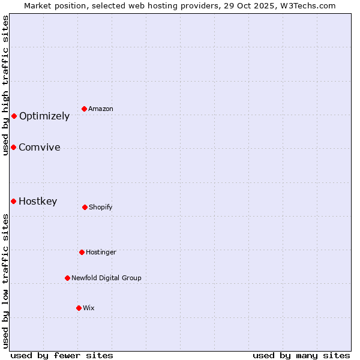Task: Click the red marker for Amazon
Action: [85, 109]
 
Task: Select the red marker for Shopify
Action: [85, 207]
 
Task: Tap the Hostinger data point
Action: [82, 252]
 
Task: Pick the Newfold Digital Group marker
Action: [67, 278]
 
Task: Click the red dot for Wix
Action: [79, 308]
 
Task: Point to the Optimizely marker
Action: [14, 116]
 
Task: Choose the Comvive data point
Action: [13, 147]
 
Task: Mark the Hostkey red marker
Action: [13, 201]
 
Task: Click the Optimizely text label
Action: [44, 116]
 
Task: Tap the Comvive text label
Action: [40, 148]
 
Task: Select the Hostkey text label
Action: [38, 202]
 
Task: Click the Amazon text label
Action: [101, 109]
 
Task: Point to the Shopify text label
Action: [101, 208]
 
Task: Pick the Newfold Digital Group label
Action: [106, 278]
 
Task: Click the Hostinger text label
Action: [101, 253]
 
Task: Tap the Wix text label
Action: [89, 308]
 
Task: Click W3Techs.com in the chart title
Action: [305, 5]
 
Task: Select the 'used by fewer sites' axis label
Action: [62, 355]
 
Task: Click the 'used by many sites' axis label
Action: [301, 355]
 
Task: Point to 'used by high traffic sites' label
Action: [5, 85]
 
